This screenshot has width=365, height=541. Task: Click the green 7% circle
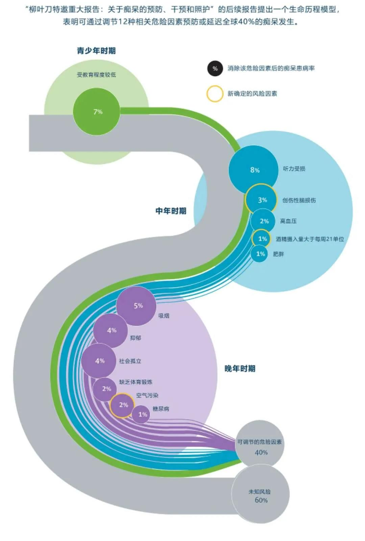97,112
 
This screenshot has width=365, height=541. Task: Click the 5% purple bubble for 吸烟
137,306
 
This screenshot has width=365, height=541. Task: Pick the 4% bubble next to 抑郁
111,330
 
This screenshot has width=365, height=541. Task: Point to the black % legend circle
215,69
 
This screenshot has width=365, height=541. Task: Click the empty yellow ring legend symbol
215,94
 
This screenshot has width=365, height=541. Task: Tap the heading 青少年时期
96,51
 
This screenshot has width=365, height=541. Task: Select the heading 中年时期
171,211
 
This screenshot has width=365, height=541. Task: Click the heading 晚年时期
240,369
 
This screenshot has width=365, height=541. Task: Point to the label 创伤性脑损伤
299,200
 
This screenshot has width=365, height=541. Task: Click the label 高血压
288,221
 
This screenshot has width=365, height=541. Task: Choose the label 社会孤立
130,361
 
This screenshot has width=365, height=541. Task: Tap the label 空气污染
147,395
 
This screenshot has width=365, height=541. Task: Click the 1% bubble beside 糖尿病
141,414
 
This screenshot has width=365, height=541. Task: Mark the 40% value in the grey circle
261,452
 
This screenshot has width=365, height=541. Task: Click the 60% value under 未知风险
261,500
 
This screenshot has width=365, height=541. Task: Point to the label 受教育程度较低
96,75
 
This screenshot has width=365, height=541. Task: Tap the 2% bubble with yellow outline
123,405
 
